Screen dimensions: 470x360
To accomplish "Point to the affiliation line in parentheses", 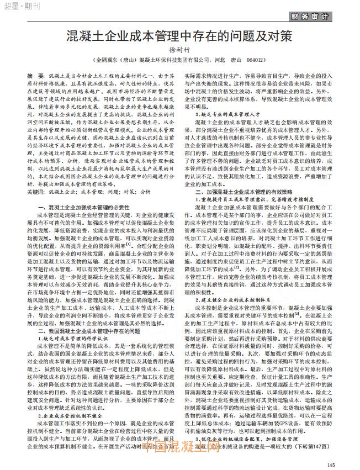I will [x=179, y=59].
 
